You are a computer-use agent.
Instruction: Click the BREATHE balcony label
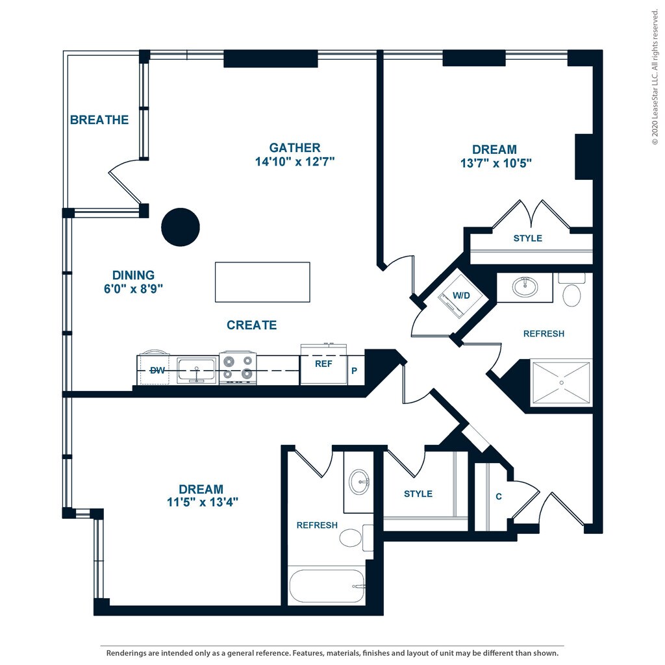coord(99,120)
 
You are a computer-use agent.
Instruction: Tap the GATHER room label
coord(295,148)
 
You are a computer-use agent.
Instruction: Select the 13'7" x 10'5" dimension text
coord(496,164)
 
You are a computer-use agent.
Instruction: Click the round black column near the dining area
coord(180,227)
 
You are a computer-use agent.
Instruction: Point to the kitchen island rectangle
coord(262,282)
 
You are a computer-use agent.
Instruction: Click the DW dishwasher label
coord(157,370)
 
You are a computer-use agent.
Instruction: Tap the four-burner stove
coord(238,368)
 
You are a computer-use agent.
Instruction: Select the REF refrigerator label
coord(323,364)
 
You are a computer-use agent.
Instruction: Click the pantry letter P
coord(355,371)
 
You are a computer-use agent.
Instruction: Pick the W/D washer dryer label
coord(461,295)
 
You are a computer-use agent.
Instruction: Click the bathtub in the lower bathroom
coord(327,586)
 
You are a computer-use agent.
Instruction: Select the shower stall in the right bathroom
coord(561,383)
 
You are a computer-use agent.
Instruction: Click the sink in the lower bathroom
coord(358,482)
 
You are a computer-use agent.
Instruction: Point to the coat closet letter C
coord(499,497)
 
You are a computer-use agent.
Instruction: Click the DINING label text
coord(133,275)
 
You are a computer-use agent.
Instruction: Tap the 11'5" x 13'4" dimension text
coord(201,502)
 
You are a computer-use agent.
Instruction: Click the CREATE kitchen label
coord(252,325)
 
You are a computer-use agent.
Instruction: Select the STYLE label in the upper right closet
coord(527,238)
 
